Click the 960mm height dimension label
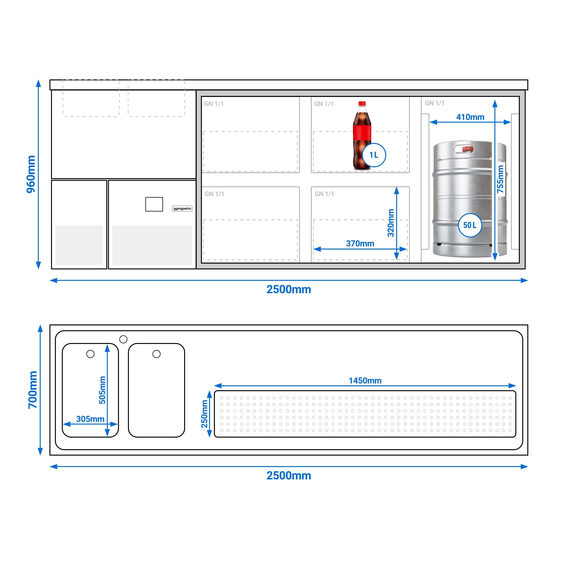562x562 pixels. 31,174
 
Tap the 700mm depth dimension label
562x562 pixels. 33,390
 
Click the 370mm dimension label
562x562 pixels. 360,244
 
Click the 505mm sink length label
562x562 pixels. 102,390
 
